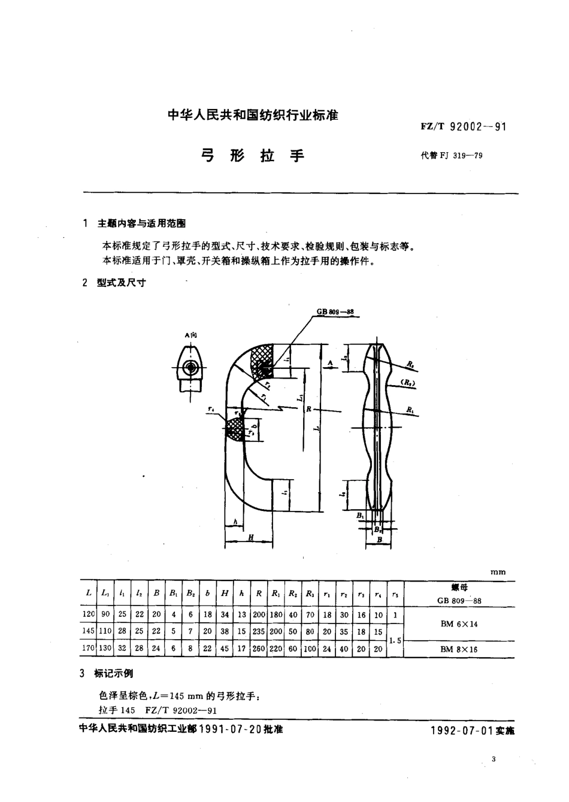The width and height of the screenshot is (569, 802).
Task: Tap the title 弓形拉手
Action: tap(252, 156)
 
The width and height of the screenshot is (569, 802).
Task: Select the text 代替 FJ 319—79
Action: tap(452, 156)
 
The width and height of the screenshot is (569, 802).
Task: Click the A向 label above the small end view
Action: tap(190, 335)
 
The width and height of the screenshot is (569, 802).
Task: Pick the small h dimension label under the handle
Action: tap(236, 522)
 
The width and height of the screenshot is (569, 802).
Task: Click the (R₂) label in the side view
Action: tap(409, 382)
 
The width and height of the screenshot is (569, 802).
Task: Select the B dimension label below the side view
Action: tap(379, 539)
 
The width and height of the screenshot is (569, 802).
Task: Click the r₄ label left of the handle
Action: tap(211, 409)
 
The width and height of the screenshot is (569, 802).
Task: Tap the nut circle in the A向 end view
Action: tap(190, 367)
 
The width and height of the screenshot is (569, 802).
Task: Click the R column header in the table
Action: tap(258, 594)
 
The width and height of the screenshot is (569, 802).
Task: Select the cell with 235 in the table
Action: tap(258, 631)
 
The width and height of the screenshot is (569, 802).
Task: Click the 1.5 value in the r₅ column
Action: tap(395, 640)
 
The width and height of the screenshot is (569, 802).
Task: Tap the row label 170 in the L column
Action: tap(89, 648)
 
